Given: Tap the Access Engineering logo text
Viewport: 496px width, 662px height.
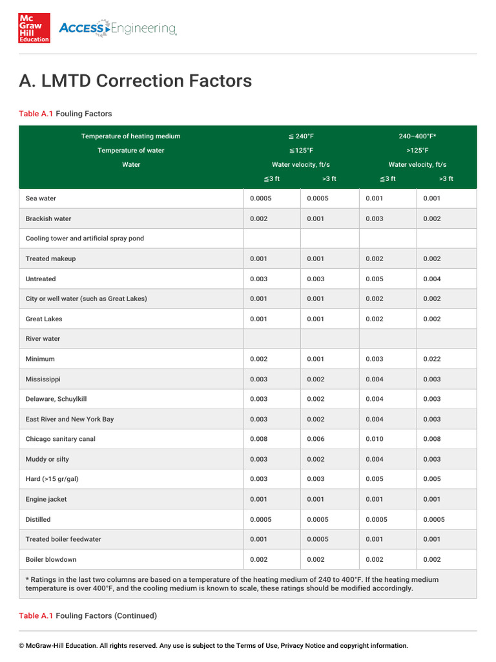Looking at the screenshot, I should [118, 28].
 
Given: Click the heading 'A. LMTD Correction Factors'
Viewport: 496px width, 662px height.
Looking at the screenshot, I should [135, 81].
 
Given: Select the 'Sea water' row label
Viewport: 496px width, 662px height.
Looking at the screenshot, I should [41, 198].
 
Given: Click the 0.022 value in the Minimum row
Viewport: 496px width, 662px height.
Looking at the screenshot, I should [432, 359].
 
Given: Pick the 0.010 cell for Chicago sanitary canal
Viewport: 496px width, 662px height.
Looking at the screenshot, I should [375, 439].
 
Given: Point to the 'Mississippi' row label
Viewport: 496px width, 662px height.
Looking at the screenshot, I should [43, 379].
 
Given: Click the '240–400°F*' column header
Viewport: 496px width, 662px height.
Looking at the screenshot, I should [418, 136].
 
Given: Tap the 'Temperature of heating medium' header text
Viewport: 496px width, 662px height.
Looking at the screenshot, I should [130, 136].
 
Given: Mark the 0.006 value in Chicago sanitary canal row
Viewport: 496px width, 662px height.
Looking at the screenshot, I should [316, 439].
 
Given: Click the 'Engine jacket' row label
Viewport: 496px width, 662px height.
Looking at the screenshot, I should [46, 499].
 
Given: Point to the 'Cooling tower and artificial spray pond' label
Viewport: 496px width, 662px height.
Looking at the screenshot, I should [85, 239].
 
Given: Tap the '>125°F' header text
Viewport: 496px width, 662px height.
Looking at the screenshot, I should [418, 151].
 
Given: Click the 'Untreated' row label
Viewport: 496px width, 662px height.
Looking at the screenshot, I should [41, 279].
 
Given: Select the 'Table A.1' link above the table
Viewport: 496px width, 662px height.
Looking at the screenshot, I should [36, 114].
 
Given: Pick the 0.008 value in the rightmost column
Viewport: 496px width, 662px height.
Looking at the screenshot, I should [432, 439].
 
